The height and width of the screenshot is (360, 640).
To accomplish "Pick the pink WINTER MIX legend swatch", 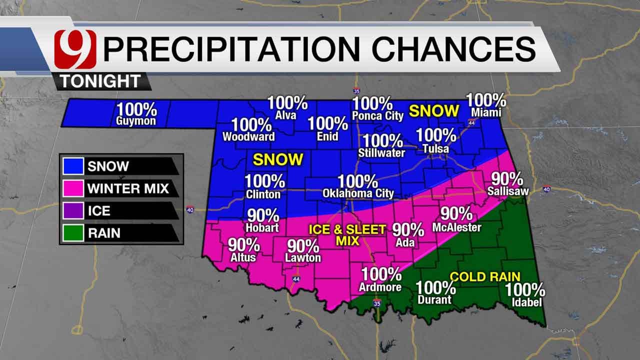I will pos(73,188).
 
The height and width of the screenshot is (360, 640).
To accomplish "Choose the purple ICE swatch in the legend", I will pos(73,210).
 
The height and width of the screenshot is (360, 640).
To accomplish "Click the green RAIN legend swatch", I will pos(73,232).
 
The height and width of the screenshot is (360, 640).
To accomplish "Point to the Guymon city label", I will pos(136,121).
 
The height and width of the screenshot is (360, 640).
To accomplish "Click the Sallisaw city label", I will pos(508,190).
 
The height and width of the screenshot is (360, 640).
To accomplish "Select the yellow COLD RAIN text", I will pos(485,276).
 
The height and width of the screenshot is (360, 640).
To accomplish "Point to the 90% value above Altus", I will pos(243,245).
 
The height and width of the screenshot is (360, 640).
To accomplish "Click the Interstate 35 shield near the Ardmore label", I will pos(377,303).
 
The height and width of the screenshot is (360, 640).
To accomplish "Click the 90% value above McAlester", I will pos(456,214).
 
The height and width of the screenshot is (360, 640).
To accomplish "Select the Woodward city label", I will pos(248,136).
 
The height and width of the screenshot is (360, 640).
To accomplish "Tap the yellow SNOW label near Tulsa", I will pos(433,110).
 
